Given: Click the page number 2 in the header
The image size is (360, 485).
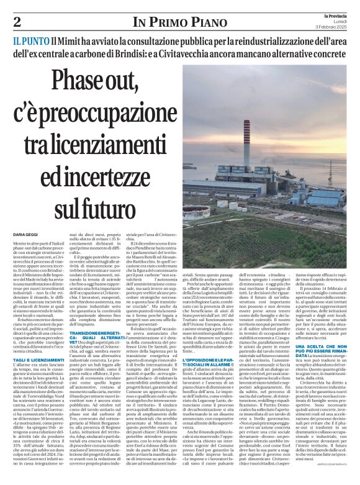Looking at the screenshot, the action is click(x=17, y=22).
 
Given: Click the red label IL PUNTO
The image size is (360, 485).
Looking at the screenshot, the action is click(x=30, y=42).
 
